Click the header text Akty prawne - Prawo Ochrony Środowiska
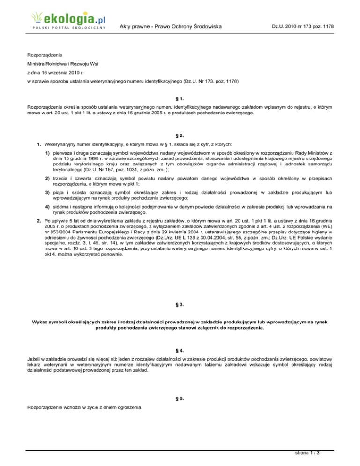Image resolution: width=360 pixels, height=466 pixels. click(x=171, y=27)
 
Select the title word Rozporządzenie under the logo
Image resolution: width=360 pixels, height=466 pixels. click(x=45, y=55)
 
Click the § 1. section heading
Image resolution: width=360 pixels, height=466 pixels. click(x=180, y=99)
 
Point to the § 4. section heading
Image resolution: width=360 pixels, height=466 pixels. click(x=180, y=350)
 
